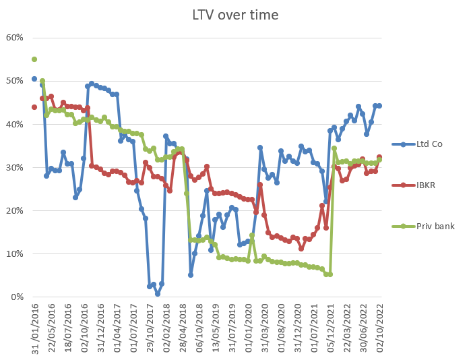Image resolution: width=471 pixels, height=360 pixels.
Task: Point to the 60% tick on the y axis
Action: pyautogui.click(x=14, y=38)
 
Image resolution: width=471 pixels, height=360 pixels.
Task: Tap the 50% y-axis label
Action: pyautogui.click(x=14, y=81)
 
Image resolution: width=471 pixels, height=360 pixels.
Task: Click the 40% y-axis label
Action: pyautogui.click(x=14, y=124)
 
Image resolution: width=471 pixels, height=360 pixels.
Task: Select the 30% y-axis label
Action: pyautogui.click(x=14, y=167)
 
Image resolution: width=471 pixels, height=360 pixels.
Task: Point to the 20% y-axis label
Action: pyautogui.click(x=14, y=210)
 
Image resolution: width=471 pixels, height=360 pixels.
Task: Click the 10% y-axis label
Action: pyautogui.click(x=14, y=253)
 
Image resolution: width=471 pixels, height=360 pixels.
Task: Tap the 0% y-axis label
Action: pyautogui.click(x=16, y=297)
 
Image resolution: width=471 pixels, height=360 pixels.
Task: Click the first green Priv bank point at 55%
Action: pyautogui.click(x=34, y=59)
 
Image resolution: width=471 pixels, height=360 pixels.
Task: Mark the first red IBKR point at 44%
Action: pyautogui.click(x=34, y=107)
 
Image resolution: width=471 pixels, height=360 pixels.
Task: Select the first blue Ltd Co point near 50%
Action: pyautogui.click(x=34, y=79)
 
